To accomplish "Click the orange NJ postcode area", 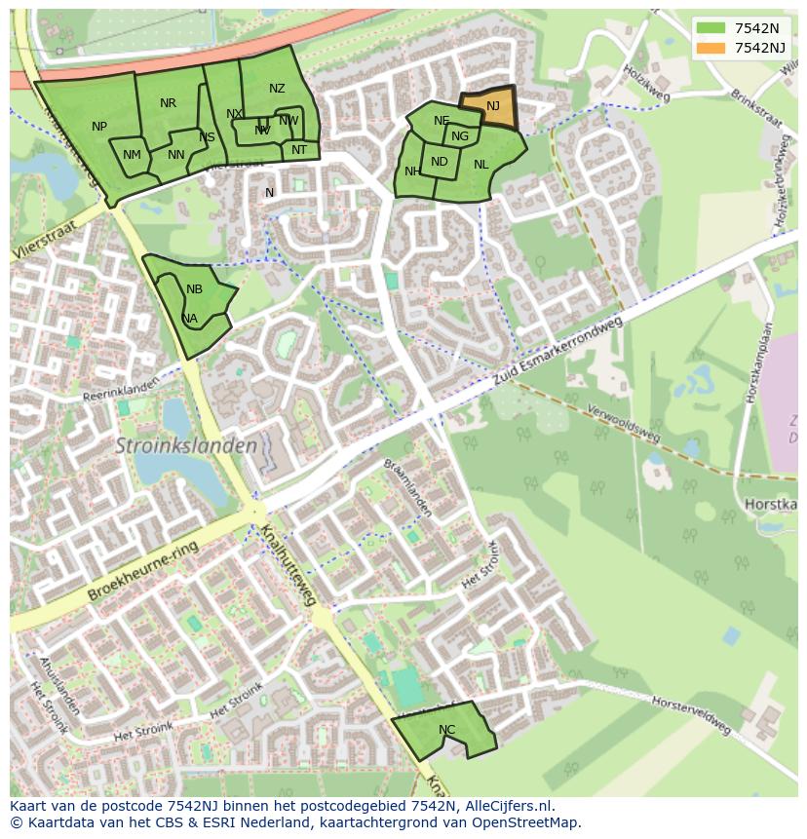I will pyautogui.click(x=491, y=109).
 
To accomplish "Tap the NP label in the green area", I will pyautogui.click(x=99, y=127).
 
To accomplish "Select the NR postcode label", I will pyautogui.click(x=168, y=103).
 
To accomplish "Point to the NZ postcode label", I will pyautogui.click(x=277, y=89).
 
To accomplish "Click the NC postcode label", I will pyautogui.click(x=446, y=729).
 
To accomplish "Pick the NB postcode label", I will pyautogui.click(x=194, y=289).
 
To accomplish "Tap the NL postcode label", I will pyautogui.click(x=480, y=165).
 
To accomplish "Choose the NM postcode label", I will pyautogui.click(x=132, y=155).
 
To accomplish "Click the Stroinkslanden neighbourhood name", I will pyautogui.click(x=186, y=446).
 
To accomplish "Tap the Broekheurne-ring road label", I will pyautogui.click(x=142, y=571).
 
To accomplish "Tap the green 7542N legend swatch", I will pyautogui.click(x=711, y=29).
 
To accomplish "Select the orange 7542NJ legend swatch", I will pyautogui.click(x=711, y=48).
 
